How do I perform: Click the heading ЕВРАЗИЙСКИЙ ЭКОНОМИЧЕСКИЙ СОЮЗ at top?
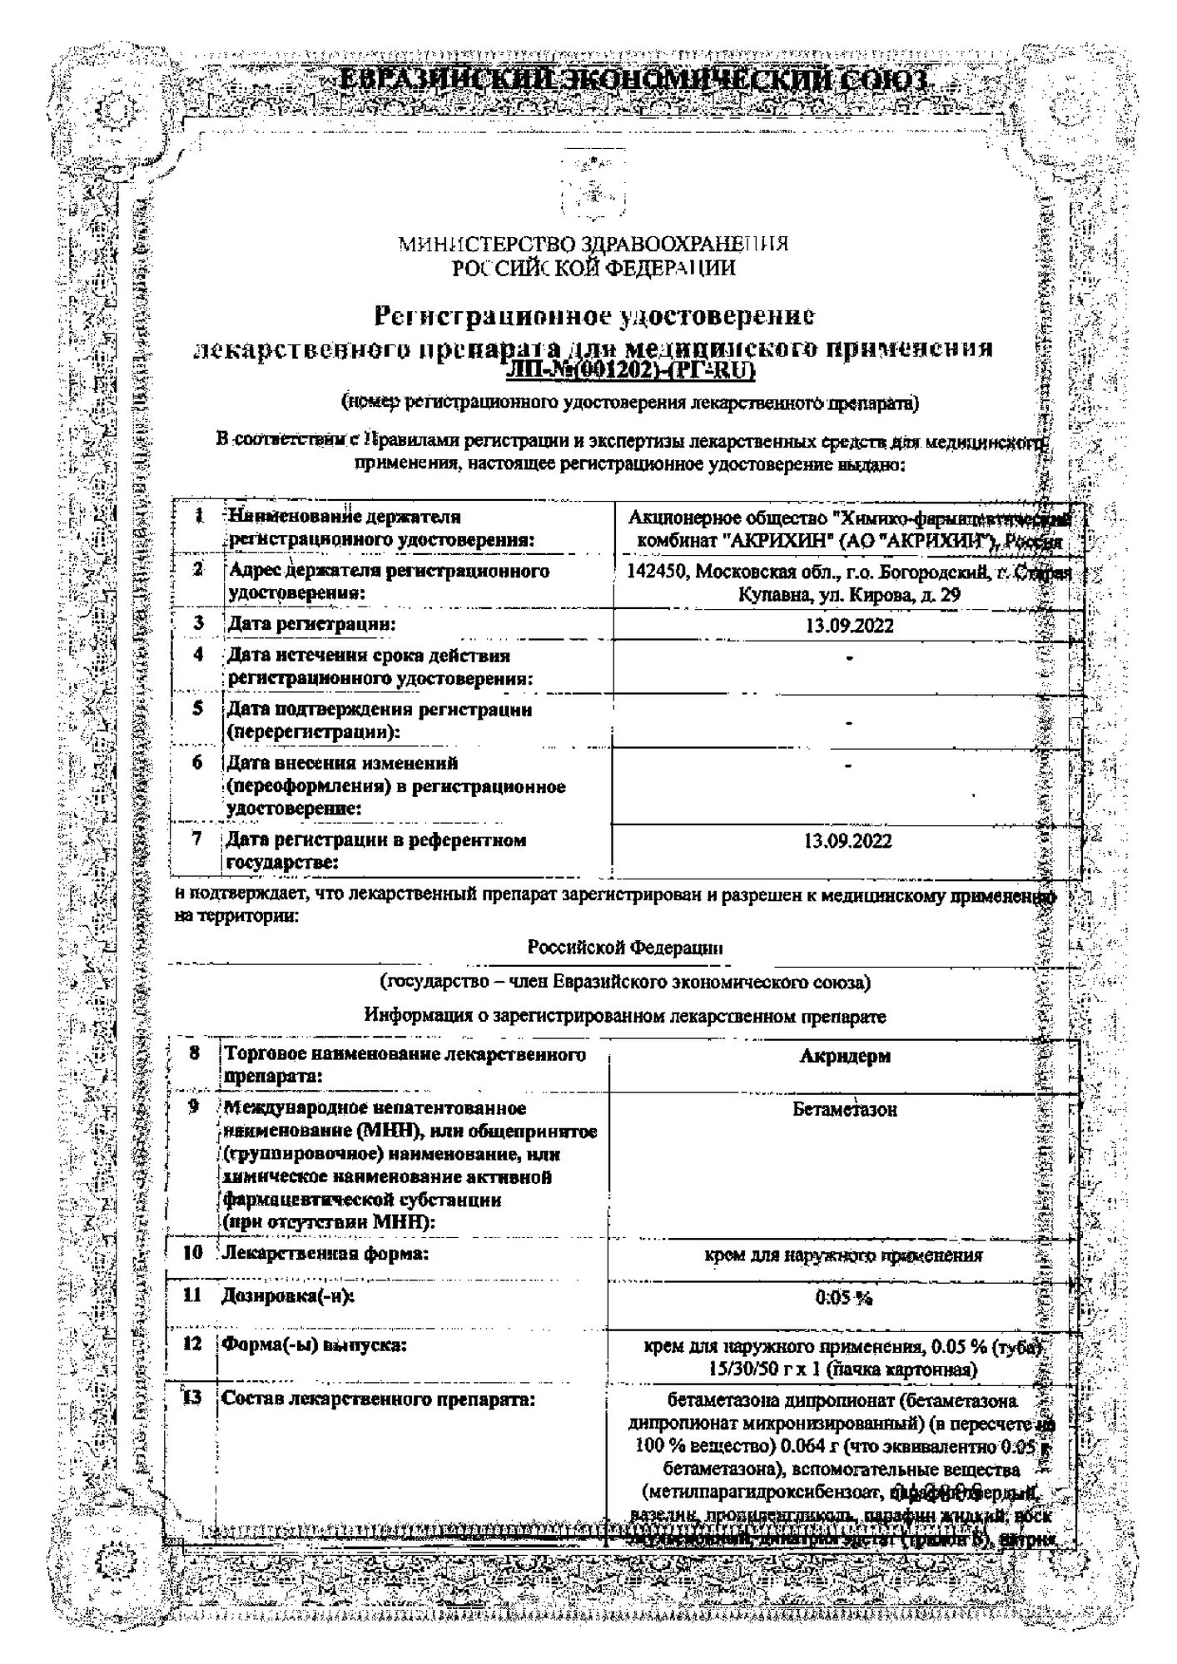634,81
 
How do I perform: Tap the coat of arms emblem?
592,186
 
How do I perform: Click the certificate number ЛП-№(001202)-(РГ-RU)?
629,371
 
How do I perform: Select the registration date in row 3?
849,626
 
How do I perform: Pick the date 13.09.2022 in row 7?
847,841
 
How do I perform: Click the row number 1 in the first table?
200,516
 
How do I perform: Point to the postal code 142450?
658,572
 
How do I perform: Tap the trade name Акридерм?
845,1056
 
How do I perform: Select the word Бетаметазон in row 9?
845,1109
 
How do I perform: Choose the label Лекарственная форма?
325,1253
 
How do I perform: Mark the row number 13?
192,1398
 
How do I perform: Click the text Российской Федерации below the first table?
625,948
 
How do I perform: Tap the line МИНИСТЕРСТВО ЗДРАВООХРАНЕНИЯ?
593,244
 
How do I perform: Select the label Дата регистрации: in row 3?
312,624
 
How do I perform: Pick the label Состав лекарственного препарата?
377,1399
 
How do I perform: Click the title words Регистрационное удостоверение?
593,316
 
